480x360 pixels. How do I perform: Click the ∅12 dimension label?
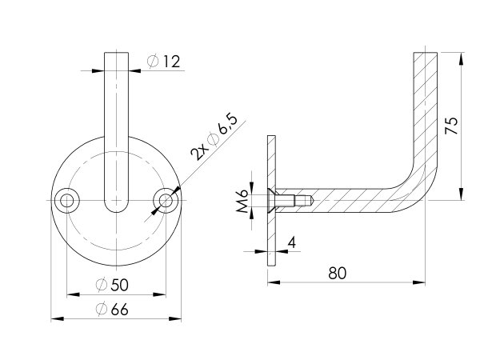pos(165,61)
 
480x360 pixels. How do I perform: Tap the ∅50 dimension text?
pos(111,285)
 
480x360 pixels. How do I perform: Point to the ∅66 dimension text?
pos(111,310)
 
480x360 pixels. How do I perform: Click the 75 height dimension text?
pos(451,126)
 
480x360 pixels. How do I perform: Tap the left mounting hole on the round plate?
pos(66,200)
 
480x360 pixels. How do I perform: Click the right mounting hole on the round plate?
pos(166,200)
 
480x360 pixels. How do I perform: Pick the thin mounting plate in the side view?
pos(271,200)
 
